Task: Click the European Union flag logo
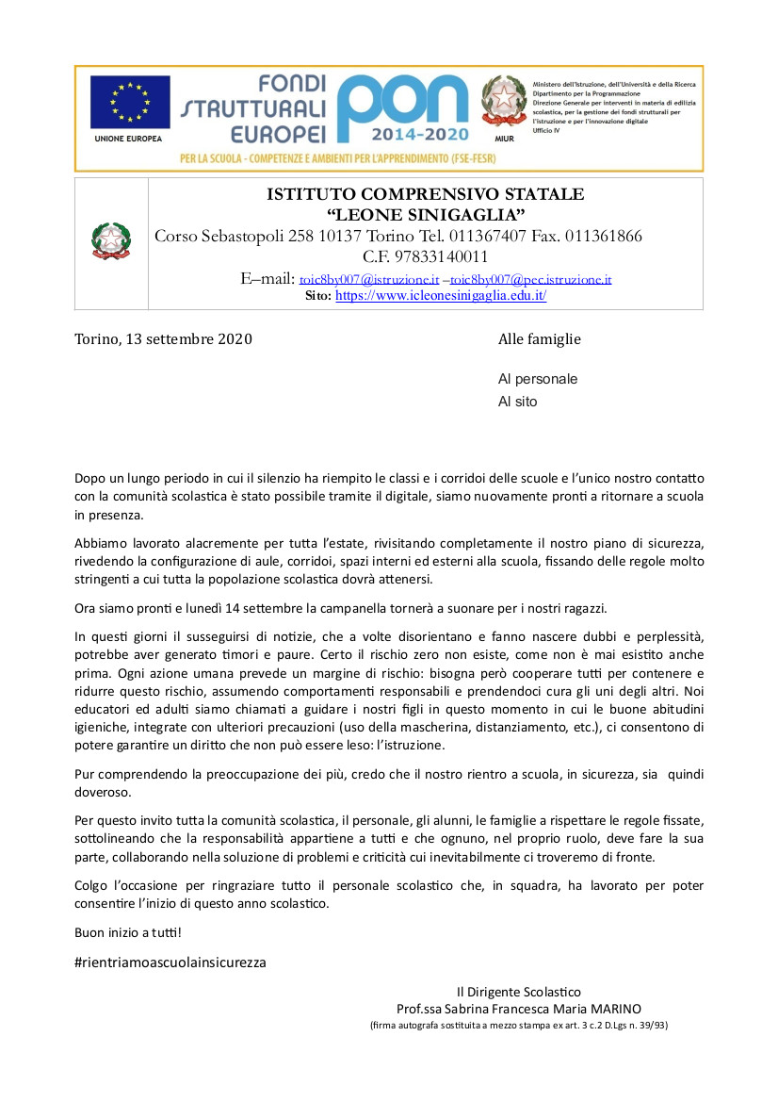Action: pyautogui.click(x=130, y=102)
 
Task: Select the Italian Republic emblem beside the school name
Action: pyautogui.click(x=111, y=242)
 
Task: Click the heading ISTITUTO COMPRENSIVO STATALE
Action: pyautogui.click(x=425, y=194)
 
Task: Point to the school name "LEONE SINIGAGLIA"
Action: pyautogui.click(x=425, y=216)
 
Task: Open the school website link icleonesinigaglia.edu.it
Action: pyautogui.click(x=441, y=295)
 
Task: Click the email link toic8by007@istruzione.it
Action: pyautogui.click(x=368, y=279)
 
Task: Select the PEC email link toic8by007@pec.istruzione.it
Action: pyautogui.click(x=530, y=279)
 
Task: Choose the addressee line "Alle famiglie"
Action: pyautogui.click(x=539, y=339)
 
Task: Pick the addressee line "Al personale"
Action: pyautogui.click(x=538, y=379)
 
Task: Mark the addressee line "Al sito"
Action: pyautogui.click(x=517, y=402)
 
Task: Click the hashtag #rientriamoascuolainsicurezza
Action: pyautogui.click(x=170, y=962)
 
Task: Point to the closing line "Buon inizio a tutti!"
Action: pyautogui.click(x=128, y=932)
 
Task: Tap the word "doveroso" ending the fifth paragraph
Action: pyautogui.click(x=104, y=793)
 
